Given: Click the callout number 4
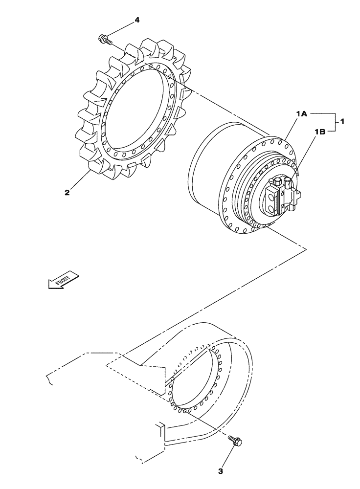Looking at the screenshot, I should click(137, 20).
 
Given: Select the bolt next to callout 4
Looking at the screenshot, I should click(104, 39).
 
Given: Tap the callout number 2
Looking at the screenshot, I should click(67, 192).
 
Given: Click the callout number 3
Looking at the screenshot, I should click(221, 471).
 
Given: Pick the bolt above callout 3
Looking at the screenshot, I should click(237, 442).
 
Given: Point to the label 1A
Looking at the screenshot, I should click(301, 113).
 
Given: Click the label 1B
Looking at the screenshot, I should click(319, 132).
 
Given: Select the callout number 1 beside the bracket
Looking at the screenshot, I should click(342, 122).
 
